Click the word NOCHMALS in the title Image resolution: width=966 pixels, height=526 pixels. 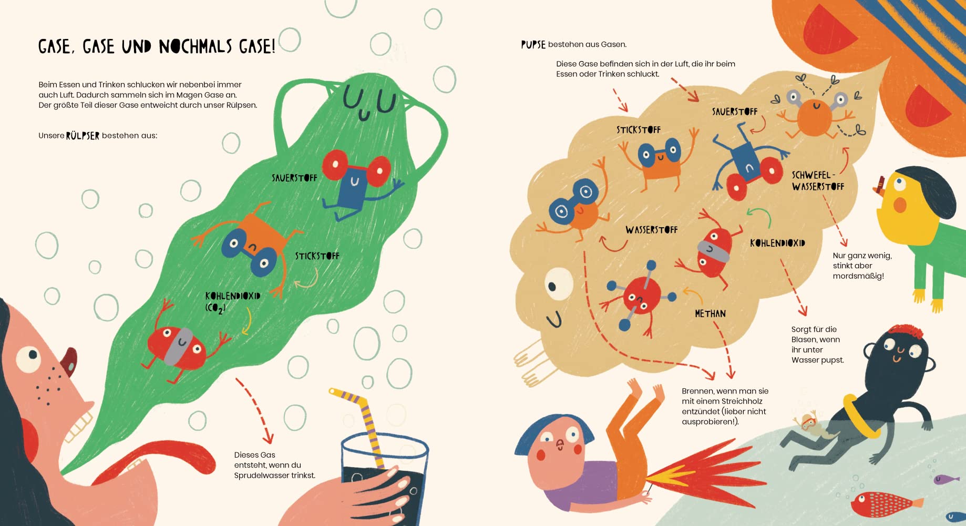195,47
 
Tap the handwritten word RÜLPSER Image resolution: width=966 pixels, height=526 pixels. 83,136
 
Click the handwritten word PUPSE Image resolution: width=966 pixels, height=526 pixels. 533,45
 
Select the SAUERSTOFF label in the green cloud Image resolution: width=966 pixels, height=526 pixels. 294,178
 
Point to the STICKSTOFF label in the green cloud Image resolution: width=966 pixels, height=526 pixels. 317,256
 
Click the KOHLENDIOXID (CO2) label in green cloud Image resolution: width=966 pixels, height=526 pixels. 232,302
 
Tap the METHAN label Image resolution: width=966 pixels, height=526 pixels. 710,313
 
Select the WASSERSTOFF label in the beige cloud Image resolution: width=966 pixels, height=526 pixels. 651,230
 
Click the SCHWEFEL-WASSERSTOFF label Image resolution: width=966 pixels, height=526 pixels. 818,181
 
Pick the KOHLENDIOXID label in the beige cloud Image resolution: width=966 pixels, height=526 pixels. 777,243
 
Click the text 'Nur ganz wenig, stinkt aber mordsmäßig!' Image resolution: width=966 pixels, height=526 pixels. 862,266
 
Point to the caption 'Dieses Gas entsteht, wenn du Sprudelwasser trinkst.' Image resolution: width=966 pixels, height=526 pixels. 275,465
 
